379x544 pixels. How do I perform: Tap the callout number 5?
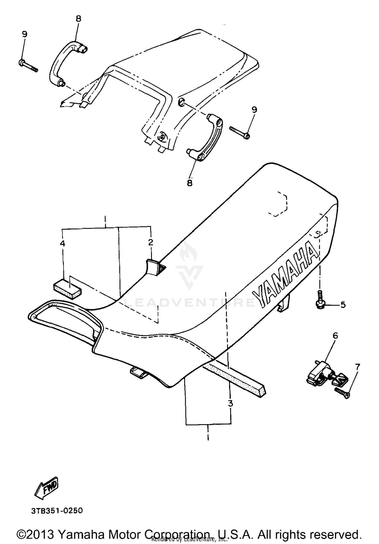click(x=343, y=305)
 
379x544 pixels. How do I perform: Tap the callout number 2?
click(x=151, y=242)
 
